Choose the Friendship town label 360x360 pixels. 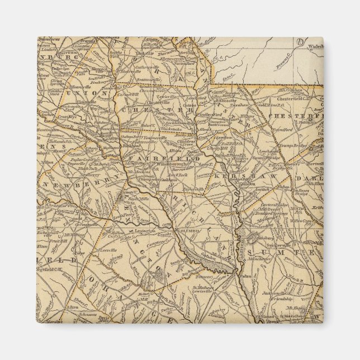287,299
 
